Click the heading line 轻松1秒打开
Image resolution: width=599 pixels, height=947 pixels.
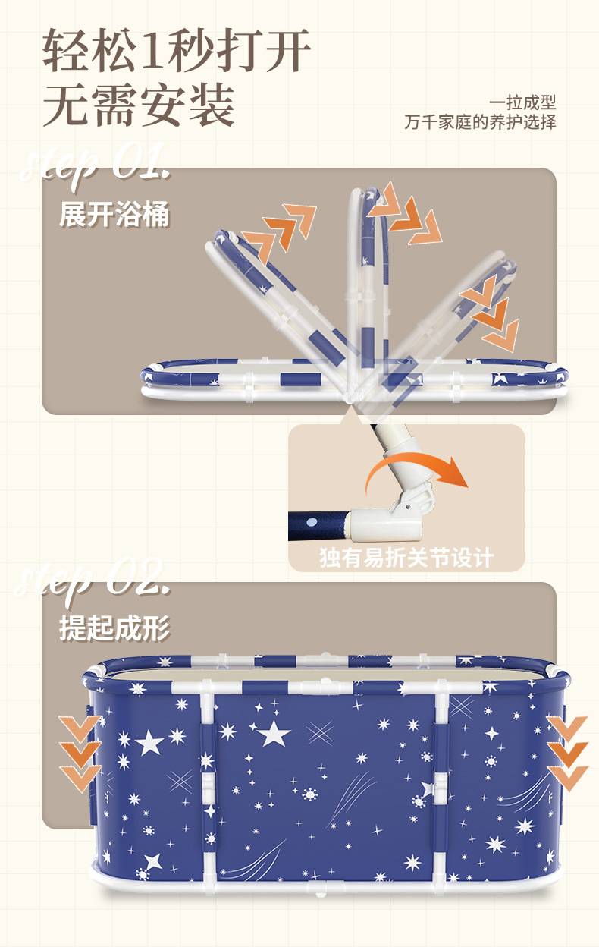pos(177,50)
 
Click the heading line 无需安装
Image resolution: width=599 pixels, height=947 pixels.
pos(139,105)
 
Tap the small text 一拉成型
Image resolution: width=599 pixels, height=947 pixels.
pos(522,102)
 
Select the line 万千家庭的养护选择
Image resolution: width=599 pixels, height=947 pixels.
pos(480,122)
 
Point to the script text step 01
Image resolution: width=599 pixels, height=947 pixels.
pos(95,165)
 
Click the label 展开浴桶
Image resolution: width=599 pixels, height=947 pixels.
pos(114,214)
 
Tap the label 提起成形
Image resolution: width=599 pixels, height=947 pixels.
pos(114,628)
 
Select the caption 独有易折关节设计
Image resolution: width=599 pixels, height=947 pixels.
pos(406,558)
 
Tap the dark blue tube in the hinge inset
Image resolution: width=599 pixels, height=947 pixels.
pos(318,524)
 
